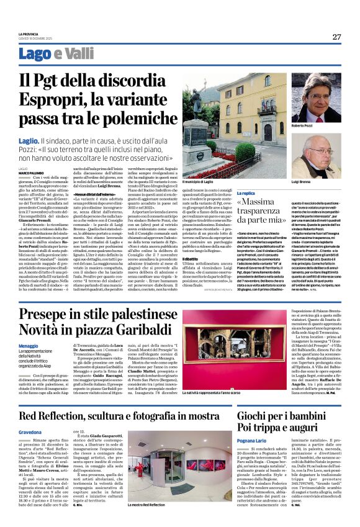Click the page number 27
point(335,37)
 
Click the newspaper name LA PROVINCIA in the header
point(29,34)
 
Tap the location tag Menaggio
point(28,346)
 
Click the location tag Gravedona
point(30,431)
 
